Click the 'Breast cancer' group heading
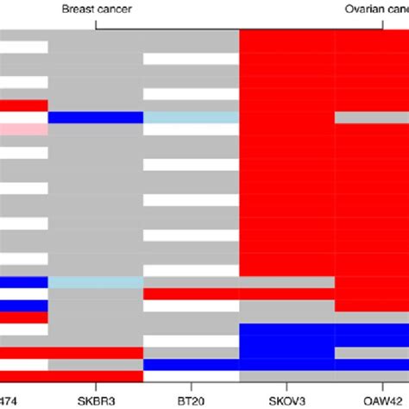[94, 9]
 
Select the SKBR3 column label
[95, 398]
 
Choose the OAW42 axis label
[381, 398]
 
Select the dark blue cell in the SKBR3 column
[95, 117]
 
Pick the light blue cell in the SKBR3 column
[95, 282]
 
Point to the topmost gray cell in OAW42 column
[371, 117]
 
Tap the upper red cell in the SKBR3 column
[95, 352]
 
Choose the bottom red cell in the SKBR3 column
[95, 376]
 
